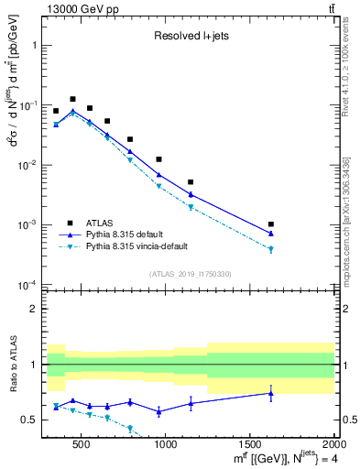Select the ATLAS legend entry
coord(101,223)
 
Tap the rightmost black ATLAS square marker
coord(271,224)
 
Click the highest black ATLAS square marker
coord(72,99)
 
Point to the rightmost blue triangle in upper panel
coord(271,234)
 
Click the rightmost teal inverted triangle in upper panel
coord(271,249)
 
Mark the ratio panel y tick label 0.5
coord(29,420)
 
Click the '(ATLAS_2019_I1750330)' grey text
coord(190,274)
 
